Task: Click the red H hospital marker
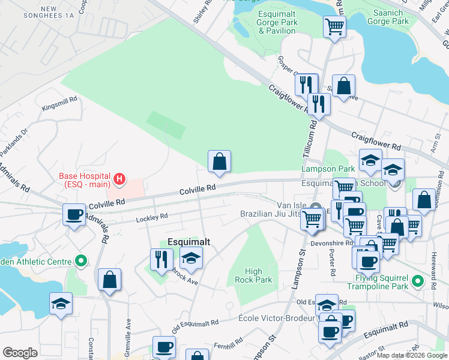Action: pos(119,179)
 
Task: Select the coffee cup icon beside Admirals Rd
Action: pos(74,215)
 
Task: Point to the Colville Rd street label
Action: pos(197,189)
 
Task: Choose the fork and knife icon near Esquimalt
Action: pos(161,260)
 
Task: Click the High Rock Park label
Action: pos(258,275)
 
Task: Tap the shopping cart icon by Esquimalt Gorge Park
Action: pos(334,27)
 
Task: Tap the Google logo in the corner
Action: pos(20,352)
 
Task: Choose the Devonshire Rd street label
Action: pos(331,244)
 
